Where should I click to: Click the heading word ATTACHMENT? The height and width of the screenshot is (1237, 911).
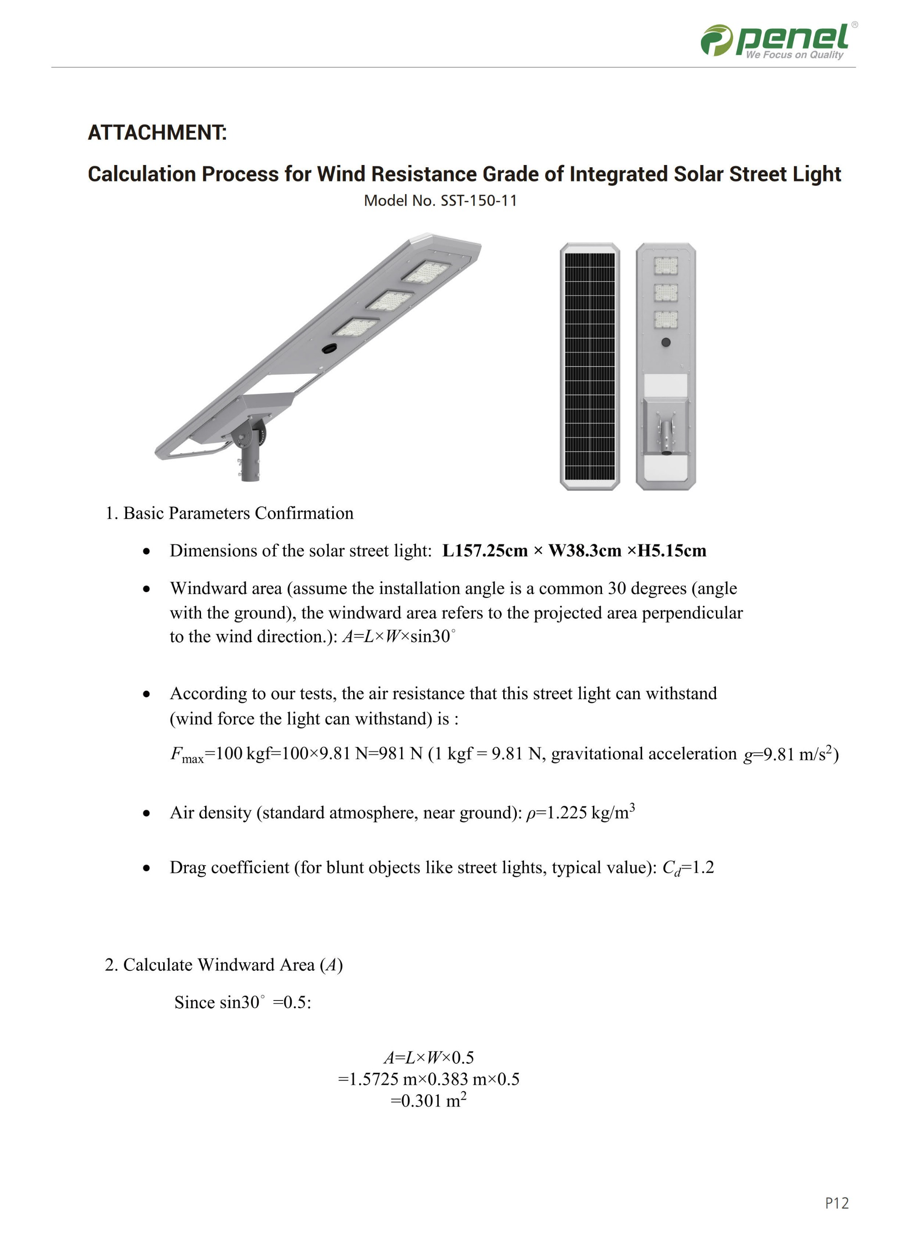click(157, 133)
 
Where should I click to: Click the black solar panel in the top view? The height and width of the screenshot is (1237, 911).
click(590, 366)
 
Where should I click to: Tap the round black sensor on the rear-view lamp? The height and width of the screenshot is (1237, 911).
click(666, 342)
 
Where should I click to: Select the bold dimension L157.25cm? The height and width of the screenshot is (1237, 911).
click(485, 551)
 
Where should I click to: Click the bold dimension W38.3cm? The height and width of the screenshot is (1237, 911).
click(585, 551)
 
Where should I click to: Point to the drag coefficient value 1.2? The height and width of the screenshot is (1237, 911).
click(703, 867)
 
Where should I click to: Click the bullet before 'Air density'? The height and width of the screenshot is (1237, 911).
click(146, 814)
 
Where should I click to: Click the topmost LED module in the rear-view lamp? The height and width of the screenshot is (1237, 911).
click(666, 266)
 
